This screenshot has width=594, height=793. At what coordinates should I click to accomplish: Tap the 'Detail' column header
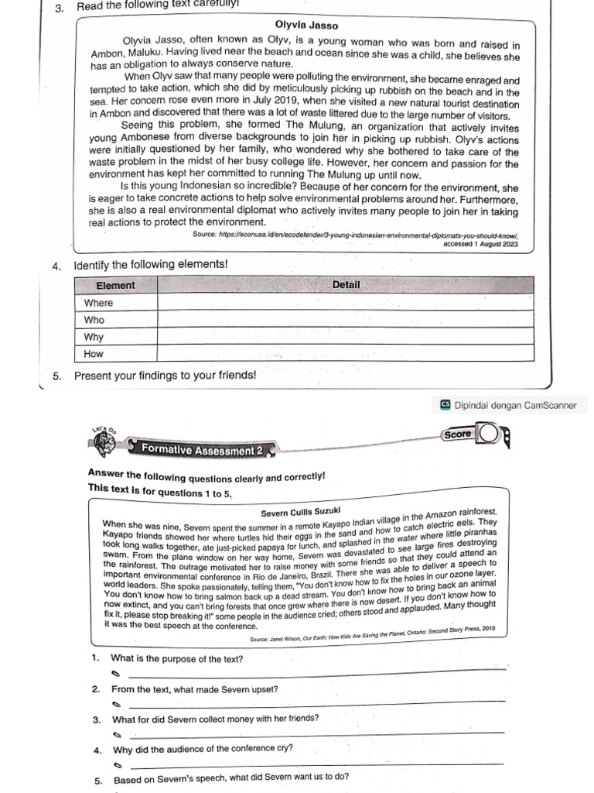[x=346, y=285]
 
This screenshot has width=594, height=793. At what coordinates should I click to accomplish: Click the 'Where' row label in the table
[x=98, y=303]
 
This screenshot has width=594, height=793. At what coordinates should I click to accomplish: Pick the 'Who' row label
[x=94, y=320]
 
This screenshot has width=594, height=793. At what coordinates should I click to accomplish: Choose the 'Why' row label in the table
[x=94, y=337]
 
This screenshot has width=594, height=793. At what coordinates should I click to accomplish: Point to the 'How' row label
[x=94, y=354]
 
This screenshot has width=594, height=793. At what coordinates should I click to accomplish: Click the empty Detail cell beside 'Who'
[x=346, y=320]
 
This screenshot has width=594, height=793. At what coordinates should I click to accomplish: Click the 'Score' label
[x=457, y=434]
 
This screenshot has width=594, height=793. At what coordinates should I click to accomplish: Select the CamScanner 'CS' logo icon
[x=445, y=404]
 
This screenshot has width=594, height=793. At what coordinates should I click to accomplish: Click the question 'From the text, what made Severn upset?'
[x=195, y=689]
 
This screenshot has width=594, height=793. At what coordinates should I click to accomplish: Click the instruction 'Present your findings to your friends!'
[x=164, y=375]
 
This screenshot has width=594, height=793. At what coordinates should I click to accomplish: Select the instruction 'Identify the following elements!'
[x=151, y=265]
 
